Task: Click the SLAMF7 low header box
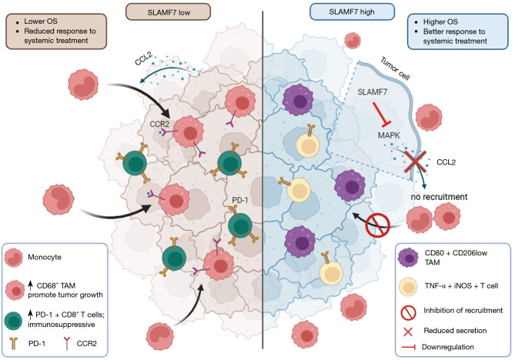[168, 12]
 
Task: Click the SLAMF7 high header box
[352, 12]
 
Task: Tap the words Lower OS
[41, 22]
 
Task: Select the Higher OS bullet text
[440, 22]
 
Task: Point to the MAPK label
[389, 135]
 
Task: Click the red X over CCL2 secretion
[415, 162]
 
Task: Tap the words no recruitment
[439, 197]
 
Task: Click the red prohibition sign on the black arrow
[378, 225]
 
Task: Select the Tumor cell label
[395, 68]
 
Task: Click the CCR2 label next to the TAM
[159, 125]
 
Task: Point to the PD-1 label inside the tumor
[240, 200]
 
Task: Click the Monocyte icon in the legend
[13, 258]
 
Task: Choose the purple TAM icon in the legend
[407, 258]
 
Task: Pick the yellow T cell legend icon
[408, 286]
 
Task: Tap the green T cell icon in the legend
[13, 321]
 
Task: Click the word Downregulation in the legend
[448, 347]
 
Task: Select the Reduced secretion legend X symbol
[408, 332]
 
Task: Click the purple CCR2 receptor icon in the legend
[67, 344]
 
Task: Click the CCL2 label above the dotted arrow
[143, 58]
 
